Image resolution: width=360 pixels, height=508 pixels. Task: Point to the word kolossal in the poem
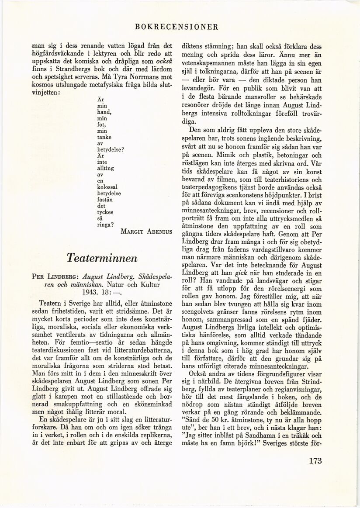[106, 187]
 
